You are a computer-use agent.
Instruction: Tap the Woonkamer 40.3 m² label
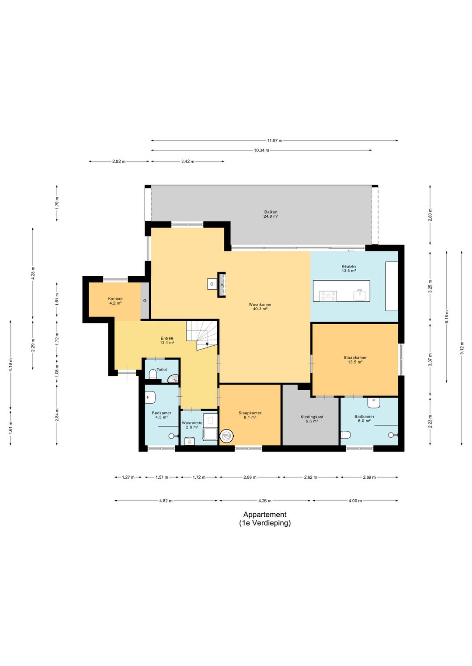click(260, 306)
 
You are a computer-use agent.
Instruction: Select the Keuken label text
click(348, 267)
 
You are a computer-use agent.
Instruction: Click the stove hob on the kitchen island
click(328, 296)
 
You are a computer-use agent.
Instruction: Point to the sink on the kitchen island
click(360, 295)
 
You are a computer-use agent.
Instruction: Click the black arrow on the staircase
click(207, 344)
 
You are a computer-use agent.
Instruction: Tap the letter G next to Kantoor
click(145, 301)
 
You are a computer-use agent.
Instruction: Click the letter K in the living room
click(222, 285)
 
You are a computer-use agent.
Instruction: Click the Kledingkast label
click(312, 417)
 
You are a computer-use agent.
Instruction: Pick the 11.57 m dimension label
click(274, 141)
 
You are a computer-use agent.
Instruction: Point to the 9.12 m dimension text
click(462, 348)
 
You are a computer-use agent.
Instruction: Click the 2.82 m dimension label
click(119, 161)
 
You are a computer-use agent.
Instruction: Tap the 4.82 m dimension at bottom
click(166, 501)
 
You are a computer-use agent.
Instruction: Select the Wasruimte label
click(192, 423)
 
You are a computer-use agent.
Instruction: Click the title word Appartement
click(265, 515)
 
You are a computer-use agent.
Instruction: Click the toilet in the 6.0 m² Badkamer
click(346, 435)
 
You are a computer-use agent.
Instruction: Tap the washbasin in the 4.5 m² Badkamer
click(150, 397)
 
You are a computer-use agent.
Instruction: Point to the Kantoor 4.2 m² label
click(115, 301)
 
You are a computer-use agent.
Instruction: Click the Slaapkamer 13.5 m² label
click(355, 360)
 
